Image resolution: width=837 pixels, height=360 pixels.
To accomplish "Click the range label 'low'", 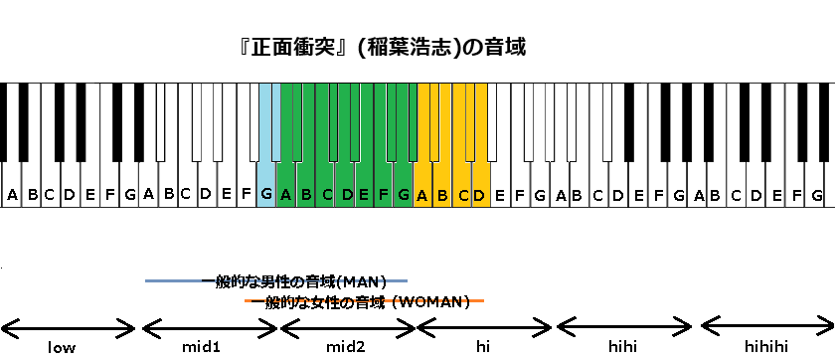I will click(62, 347).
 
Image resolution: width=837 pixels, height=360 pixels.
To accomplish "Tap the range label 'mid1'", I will click(201, 347).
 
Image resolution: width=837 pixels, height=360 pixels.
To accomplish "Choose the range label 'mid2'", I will click(345, 347).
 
